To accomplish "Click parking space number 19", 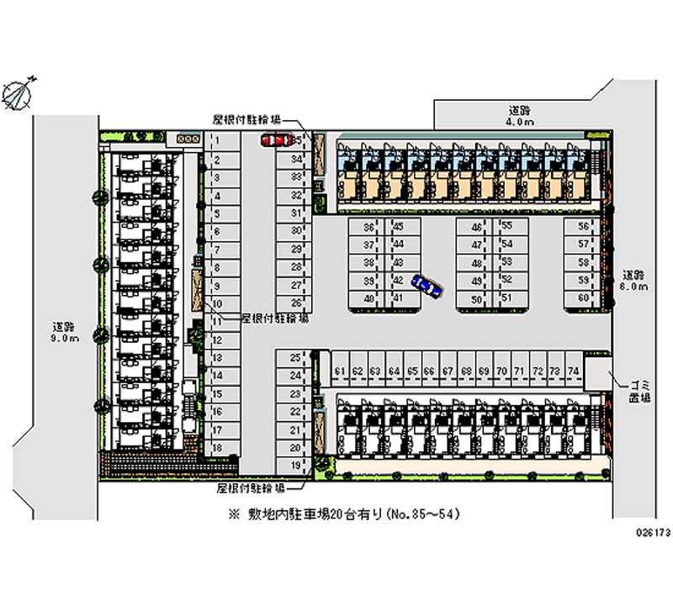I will [295, 465].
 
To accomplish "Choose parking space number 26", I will [295, 302].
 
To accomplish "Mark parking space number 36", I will [368, 228].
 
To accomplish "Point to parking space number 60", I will [582, 298].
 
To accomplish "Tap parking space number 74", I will [573, 371].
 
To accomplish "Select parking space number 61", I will [338, 371].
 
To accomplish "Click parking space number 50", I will [476, 299].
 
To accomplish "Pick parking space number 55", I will [506, 227].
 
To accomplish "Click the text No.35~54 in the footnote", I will [422, 513].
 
